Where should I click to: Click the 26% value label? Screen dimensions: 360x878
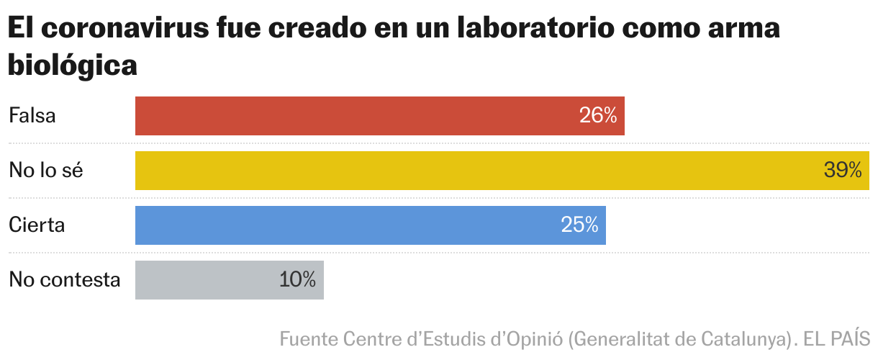click(x=598, y=116)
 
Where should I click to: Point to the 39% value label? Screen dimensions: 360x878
click(x=843, y=171)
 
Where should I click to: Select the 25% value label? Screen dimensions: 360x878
click(x=579, y=225)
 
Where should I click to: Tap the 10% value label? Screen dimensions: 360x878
click(x=297, y=280)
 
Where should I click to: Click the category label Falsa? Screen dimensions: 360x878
click(x=32, y=116)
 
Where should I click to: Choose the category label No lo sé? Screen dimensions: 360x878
click(x=46, y=171)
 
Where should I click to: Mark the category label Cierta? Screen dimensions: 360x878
click(x=37, y=225)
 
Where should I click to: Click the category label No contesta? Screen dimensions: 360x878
click(x=64, y=280)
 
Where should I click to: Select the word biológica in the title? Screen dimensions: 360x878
click(x=72, y=66)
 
